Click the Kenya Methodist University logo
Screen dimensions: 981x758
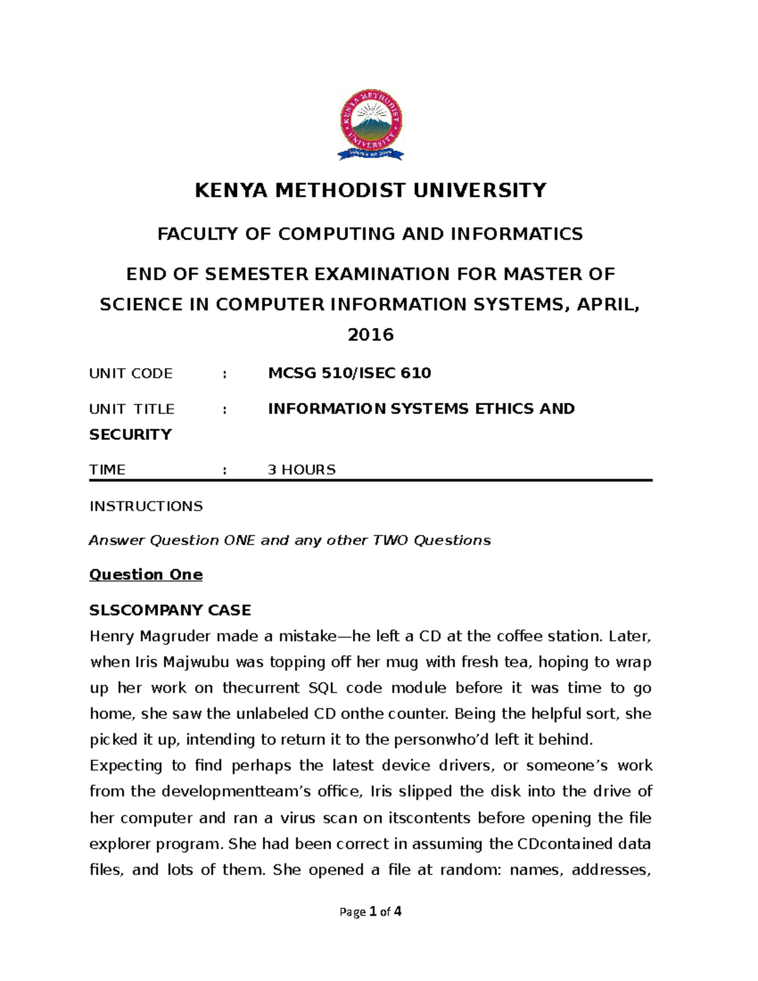pos(371,125)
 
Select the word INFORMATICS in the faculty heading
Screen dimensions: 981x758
pos(516,234)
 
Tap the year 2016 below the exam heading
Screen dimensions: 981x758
pos(371,334)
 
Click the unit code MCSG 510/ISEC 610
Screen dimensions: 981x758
pos(349,373)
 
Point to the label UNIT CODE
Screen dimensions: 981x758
pos(131,373)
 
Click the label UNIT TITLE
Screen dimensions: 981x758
pos(132,409)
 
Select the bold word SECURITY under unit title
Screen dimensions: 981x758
pos(131,435)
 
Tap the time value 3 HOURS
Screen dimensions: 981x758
pos(301,469)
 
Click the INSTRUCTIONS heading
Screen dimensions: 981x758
pos(146,506)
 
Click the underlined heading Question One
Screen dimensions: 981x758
pos(146,575)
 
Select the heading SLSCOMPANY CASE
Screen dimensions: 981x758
pos(170,610)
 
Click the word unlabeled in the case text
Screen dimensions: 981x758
pos(272,714)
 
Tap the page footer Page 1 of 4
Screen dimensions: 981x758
pos(371,912)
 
